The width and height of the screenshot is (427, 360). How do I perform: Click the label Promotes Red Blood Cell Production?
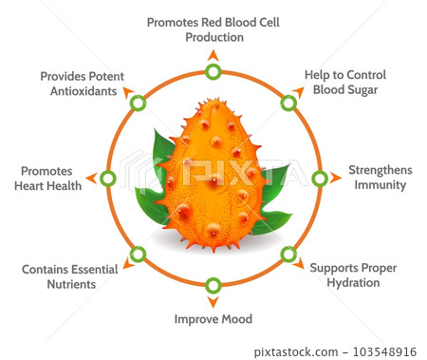pos(213,29)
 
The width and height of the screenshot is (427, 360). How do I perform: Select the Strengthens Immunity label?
pos(380,178)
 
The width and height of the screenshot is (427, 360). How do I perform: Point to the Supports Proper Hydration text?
pos(352,275)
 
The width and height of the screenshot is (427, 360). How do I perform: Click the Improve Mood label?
pos(213,318)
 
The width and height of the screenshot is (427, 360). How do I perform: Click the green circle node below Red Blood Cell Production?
pos(213,72)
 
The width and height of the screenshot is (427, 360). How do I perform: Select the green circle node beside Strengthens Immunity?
pos(320,178)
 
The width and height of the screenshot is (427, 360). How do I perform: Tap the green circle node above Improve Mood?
pos(213,284)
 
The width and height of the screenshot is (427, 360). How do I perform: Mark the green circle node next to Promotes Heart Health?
pos(107,178)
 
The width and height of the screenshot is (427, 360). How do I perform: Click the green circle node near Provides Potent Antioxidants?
pos(139,103)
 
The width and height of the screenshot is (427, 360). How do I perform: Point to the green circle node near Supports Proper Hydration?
pos(288,253)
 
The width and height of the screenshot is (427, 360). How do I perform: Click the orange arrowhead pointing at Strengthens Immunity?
pos(338,178)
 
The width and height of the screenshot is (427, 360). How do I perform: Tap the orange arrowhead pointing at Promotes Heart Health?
pos(90,178)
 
